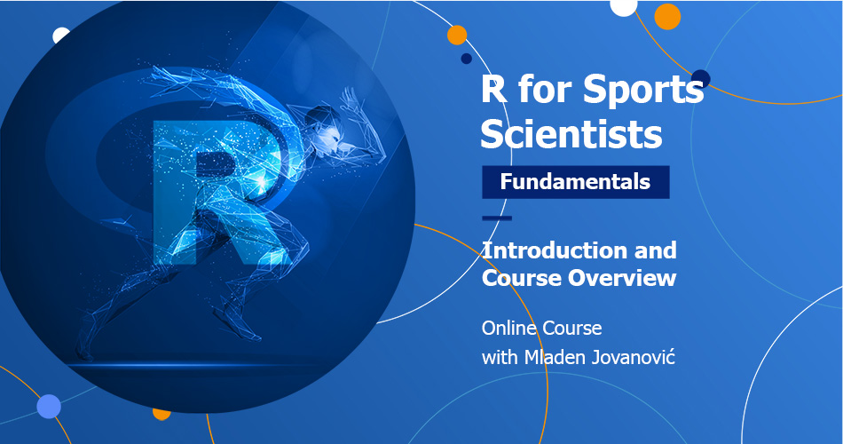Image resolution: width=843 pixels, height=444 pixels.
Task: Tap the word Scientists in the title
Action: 571,134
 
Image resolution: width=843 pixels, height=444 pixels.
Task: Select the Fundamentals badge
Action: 575,182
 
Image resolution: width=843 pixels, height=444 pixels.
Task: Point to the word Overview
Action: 622,278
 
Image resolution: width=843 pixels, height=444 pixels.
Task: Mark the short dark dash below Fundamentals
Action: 497,218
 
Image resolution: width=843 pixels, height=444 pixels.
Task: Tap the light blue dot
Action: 50,407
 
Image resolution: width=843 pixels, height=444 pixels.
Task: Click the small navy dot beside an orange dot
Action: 466,59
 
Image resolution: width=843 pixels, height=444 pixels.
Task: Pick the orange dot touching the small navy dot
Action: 457,36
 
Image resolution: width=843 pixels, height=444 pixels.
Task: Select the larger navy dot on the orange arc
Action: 701,78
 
